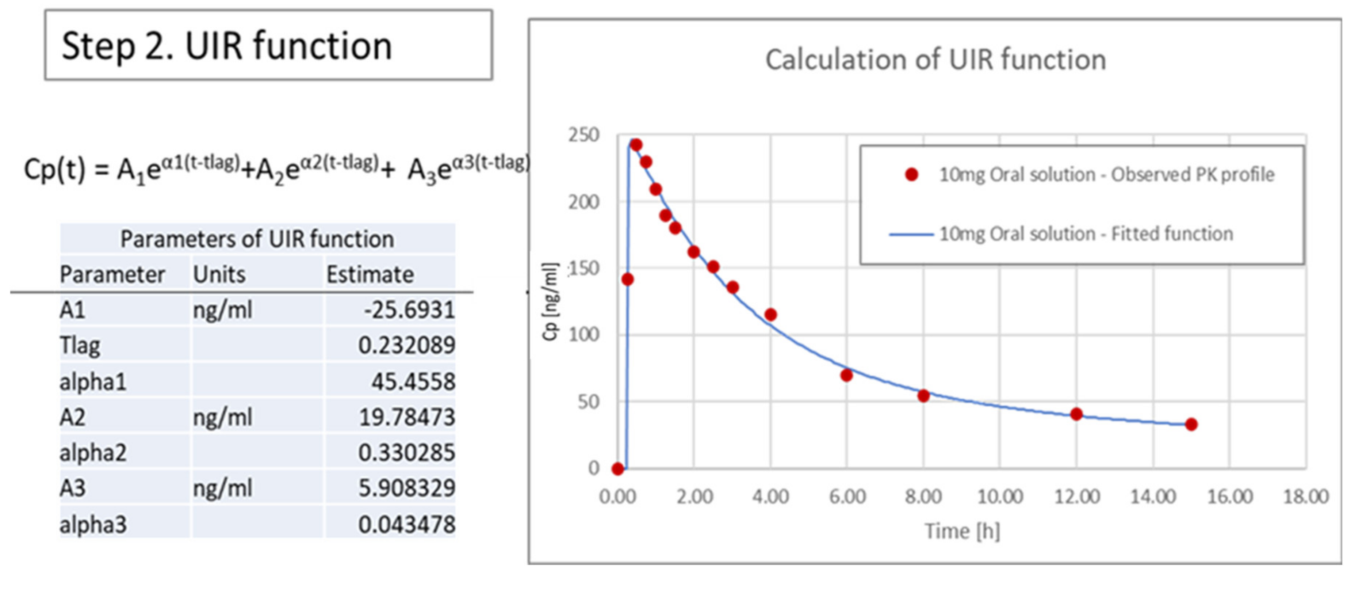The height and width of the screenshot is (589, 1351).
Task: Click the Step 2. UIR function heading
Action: click(x=226, y=46)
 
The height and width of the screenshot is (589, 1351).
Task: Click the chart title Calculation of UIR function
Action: click(x=935, y=59)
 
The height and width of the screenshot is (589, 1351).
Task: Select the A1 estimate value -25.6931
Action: click(x=409, y=310)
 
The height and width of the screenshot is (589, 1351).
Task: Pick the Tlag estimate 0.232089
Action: click(x=406, y=345)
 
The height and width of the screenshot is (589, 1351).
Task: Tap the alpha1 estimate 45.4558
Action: click(x=413, y=381)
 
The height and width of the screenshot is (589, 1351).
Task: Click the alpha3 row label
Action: click(x=93, y=524)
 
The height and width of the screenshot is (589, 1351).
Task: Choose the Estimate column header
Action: click(x=370, y=274)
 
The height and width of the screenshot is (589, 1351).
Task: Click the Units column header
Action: click(x=219, y=274)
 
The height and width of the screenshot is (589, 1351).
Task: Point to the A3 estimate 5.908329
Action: click(x=406, y=488)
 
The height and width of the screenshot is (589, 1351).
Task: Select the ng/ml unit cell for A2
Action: click(x=222, y=417)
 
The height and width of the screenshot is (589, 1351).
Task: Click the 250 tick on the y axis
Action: click(x=583, y=136)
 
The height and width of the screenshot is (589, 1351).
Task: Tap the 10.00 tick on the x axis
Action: click(x=1000, y=497)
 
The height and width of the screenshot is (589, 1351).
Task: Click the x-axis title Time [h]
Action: click(x=962, y=531)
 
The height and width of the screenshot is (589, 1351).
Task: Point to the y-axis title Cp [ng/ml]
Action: click(x=550, y=302)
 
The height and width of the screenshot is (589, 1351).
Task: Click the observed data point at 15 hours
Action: click(x=1191, y=424)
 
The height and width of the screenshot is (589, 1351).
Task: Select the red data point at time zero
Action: click(x=618, y=468)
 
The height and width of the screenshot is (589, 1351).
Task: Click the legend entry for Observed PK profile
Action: click(x=1106, y=175)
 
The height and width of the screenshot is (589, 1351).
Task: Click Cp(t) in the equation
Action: click(x=54, y=170)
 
